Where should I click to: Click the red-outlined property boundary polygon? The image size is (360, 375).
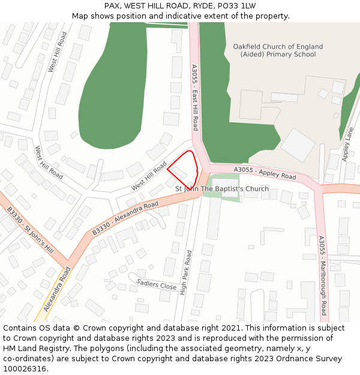point(183,167)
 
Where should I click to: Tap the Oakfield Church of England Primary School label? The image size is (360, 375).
point(278,50)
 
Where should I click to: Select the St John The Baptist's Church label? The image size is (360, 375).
point(222,189)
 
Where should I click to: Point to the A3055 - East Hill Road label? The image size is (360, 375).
point(195,97)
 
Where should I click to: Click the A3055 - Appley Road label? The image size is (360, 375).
point(265,173)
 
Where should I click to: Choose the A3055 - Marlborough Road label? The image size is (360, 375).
point(322,276)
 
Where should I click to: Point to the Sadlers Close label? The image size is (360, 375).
point(157,284)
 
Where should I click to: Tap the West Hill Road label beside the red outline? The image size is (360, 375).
point(149,176)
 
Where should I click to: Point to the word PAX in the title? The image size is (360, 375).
point(112,6)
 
